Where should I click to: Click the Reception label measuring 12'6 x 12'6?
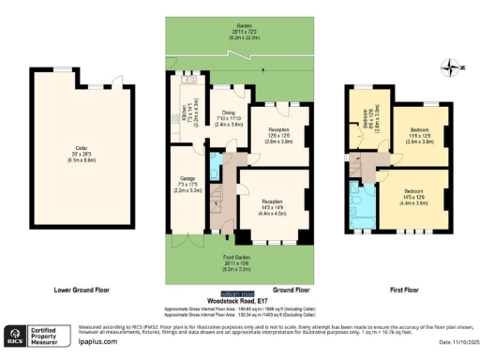[279, 133]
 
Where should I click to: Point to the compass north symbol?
[456, 67]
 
